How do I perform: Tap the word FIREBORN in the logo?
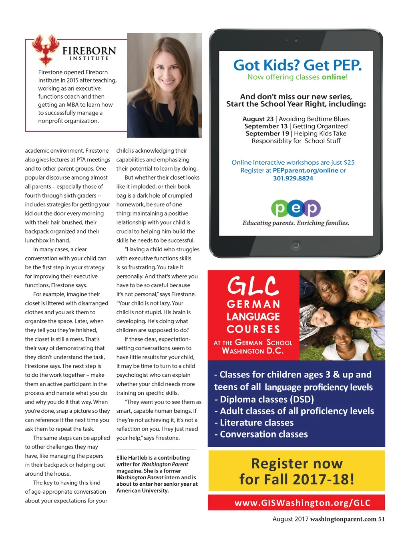[89, 51]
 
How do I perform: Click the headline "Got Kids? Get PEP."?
[297, 65]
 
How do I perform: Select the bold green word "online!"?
[334, 77]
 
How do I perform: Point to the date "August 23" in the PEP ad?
[258, 119]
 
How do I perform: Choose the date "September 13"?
[266, 126]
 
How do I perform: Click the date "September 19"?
[267, 133]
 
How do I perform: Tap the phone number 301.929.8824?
[293, 178]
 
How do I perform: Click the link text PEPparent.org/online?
[305, 170]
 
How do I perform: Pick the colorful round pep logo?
[296, 208]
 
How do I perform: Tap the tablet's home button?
[296, 245]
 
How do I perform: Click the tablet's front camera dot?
[296, 40]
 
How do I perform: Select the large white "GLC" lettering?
[253, 286]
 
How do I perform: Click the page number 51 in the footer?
[381, 519]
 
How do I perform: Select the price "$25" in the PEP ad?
[349, 162]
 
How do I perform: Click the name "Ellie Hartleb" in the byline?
[132, 458]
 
